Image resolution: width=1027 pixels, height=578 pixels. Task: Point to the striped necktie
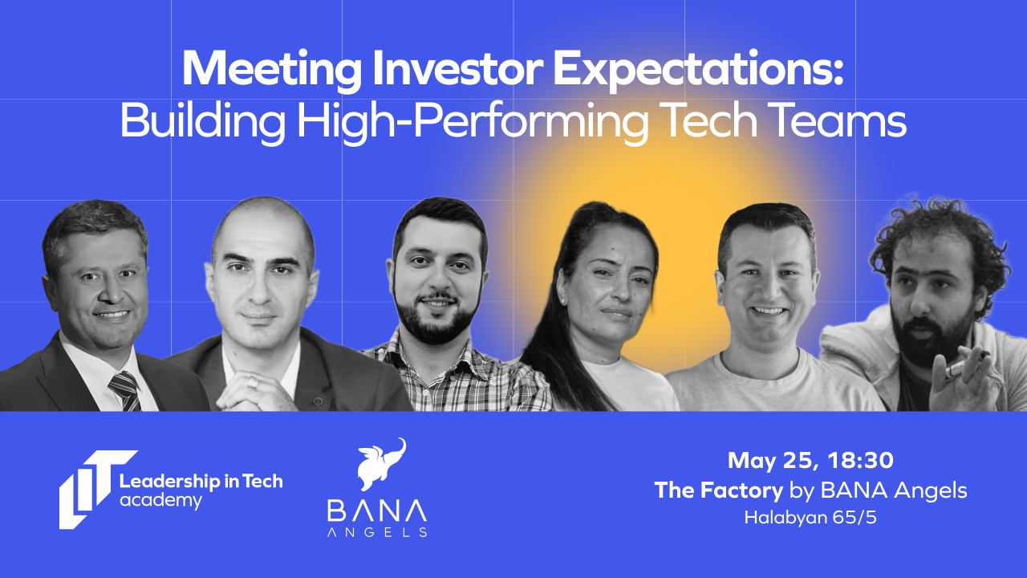pos(124,390)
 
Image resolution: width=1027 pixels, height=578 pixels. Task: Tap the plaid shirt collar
pos(433,347)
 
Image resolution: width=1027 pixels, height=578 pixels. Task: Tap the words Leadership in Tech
pos(201,482)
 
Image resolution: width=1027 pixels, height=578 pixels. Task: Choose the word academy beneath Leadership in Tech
pos(160,501)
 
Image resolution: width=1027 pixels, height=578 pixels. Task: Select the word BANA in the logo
pos(376,511)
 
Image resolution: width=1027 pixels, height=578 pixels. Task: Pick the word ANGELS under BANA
pos(376,531)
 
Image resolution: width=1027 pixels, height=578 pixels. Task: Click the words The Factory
pos(718,490)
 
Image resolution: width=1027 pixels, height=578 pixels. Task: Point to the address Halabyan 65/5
pos(810,518)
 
